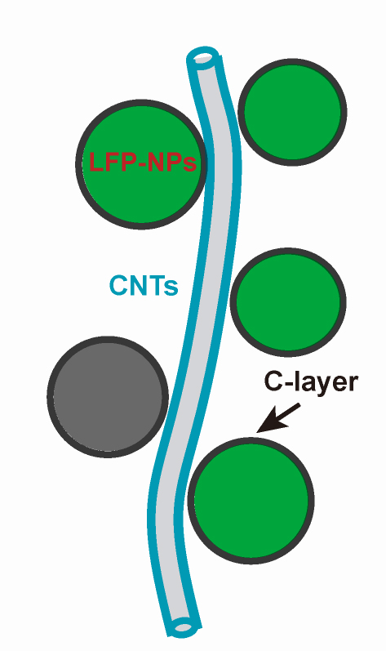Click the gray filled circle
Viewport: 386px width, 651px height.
(108, 397)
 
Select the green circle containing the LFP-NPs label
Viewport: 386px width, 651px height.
(141, 164)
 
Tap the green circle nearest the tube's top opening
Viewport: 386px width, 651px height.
(292, 112)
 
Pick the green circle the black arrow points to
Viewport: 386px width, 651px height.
(251, 500)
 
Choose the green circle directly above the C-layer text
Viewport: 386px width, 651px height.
(288, 302)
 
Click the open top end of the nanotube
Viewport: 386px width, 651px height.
(202, 56)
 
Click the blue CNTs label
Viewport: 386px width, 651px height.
(144, 286)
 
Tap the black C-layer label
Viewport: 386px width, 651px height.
(311, 383)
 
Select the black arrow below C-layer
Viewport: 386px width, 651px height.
(278, 417)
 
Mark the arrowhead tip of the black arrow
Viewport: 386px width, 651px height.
(257, 432)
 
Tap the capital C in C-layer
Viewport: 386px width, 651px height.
(273, 382)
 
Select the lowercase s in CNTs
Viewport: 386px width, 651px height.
(171, 289)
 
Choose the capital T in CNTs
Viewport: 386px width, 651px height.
(157, 286)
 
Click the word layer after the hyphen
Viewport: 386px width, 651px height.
(326, 384)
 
